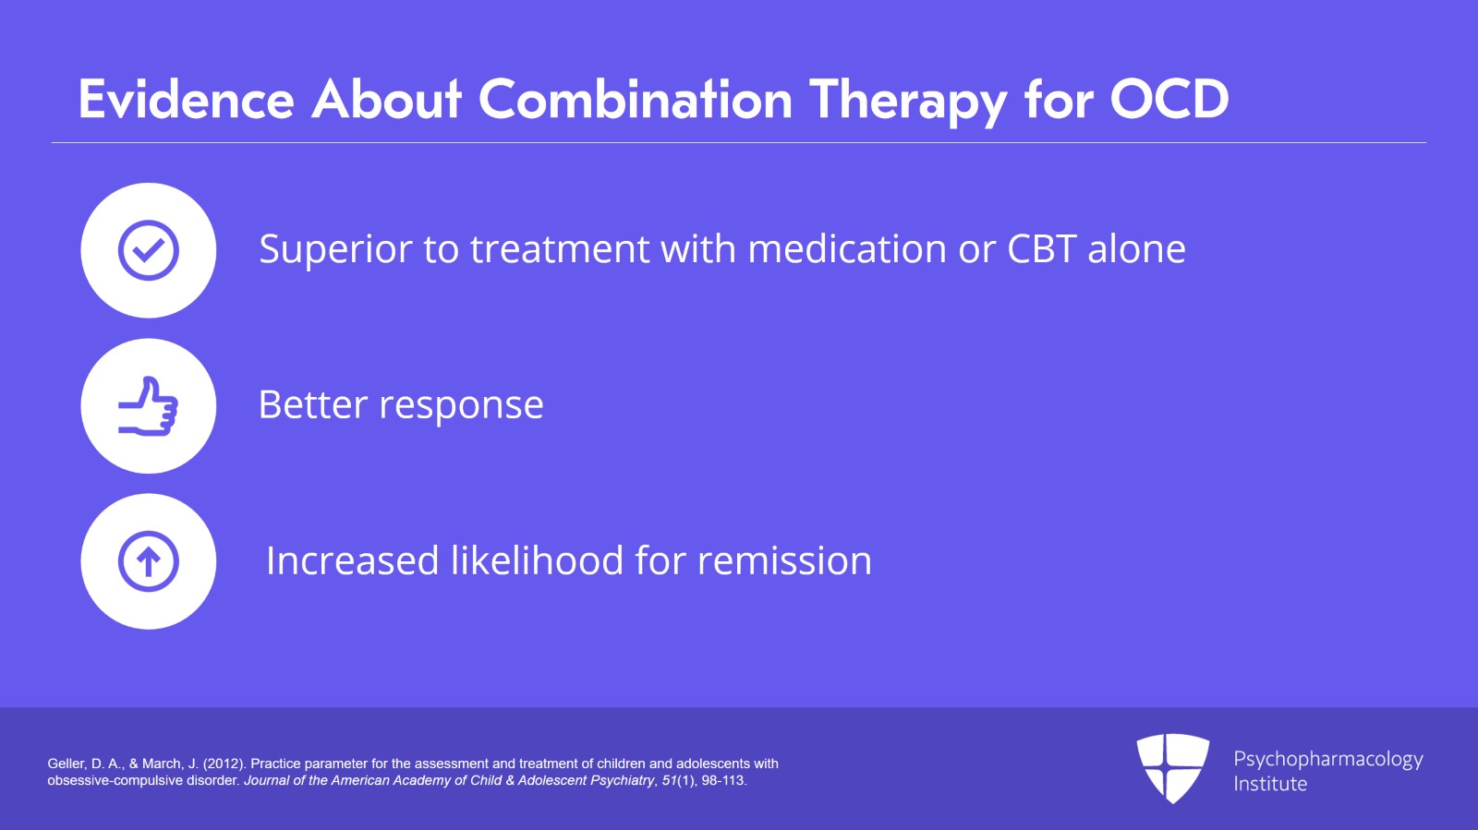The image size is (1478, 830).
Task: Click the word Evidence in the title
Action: click(186, 100)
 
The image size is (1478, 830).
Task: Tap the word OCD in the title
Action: click(1169, 100)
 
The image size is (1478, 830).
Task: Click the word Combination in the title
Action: click(635, 100)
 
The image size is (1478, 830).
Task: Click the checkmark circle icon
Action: click(149, 250)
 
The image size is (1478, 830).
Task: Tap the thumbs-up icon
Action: click(149, 406)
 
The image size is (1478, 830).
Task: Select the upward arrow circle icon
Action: click(149, 561)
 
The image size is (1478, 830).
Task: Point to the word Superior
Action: click(334, 250)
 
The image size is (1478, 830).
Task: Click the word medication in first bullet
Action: click(846, 249)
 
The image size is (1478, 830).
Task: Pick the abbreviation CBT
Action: click(1041, 249)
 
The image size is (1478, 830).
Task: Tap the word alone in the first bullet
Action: click(1136, 249)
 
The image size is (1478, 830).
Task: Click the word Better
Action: click(312, 405)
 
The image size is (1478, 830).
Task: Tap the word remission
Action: click(784, 561)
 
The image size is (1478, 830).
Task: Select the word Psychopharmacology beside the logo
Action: click(1327, 760)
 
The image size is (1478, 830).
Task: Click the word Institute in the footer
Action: click(1270, 784)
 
